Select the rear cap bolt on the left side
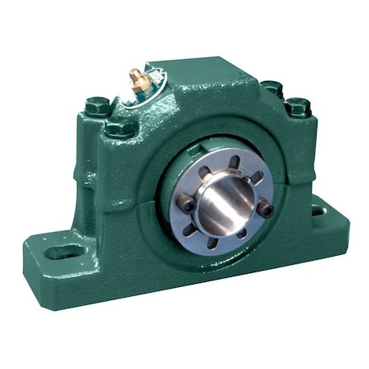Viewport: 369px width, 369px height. [97, 105]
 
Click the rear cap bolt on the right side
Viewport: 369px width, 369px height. [271, 86]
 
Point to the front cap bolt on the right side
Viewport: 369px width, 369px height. [297, 106]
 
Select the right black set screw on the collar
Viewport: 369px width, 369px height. [266, 211]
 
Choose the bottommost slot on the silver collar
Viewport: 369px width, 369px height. [215, 243]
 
